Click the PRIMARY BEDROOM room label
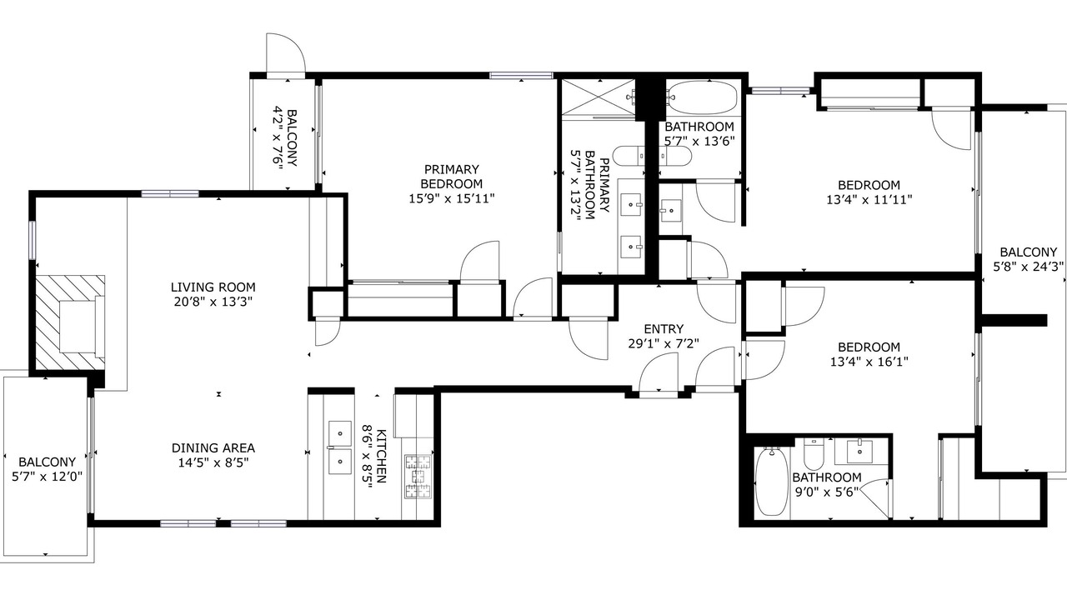[452, 177]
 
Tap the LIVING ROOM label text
[213, 287]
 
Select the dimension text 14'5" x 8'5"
[213, 462]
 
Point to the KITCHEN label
[381, 456]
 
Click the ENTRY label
[664, 329]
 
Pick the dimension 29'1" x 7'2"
[664, 343]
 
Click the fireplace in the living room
[71, 322]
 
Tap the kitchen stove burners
[418, 477]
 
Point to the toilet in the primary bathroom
[629, 156]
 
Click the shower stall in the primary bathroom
[599, 97]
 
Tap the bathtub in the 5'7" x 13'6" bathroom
[701, 97]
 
